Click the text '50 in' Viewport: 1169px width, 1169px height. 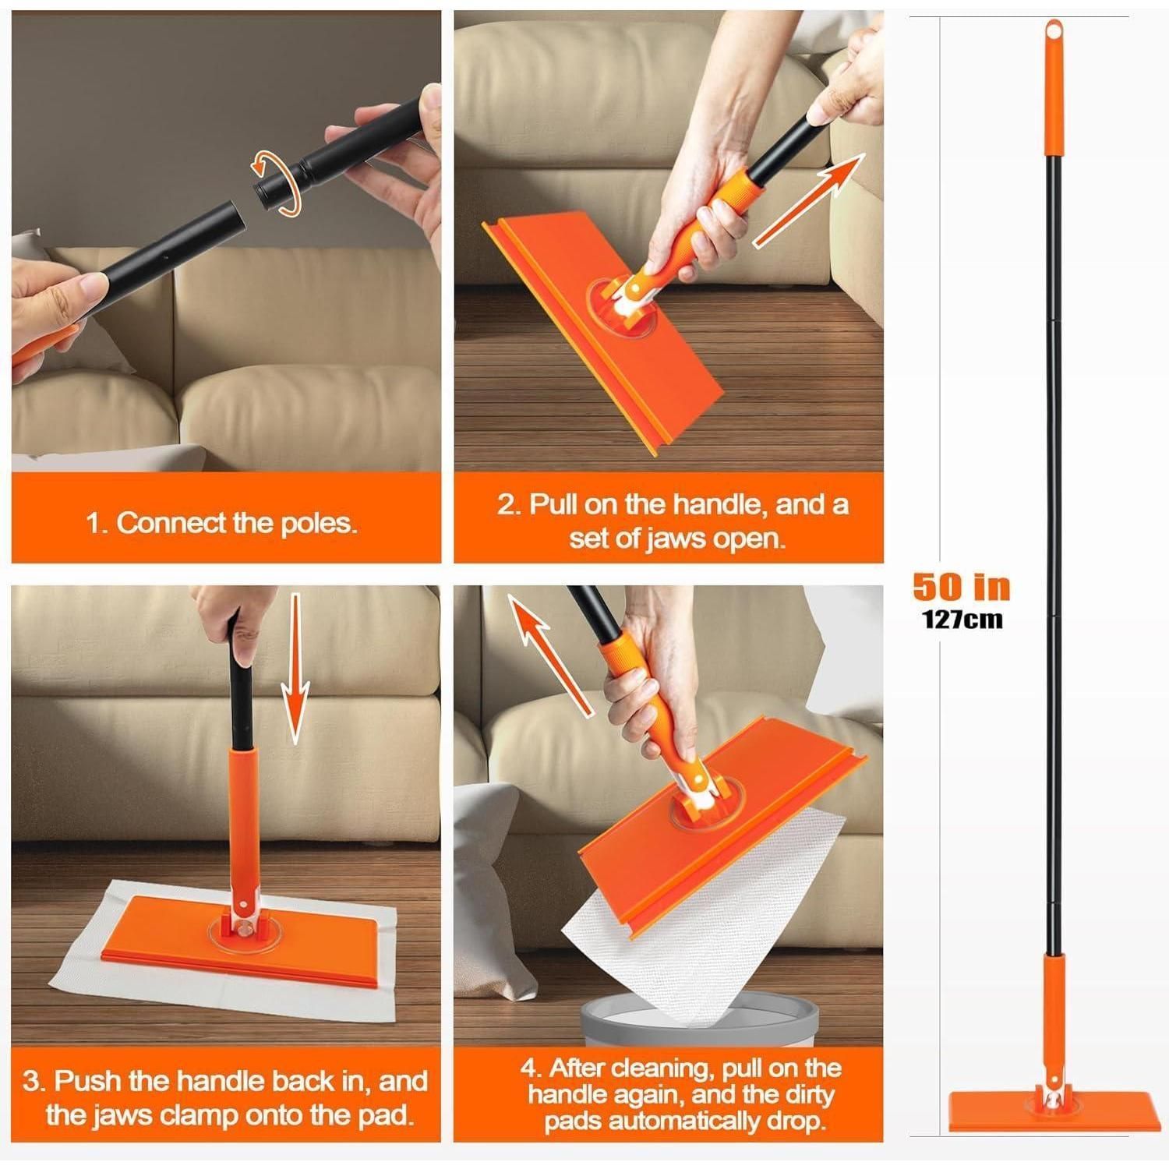point(962,587)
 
